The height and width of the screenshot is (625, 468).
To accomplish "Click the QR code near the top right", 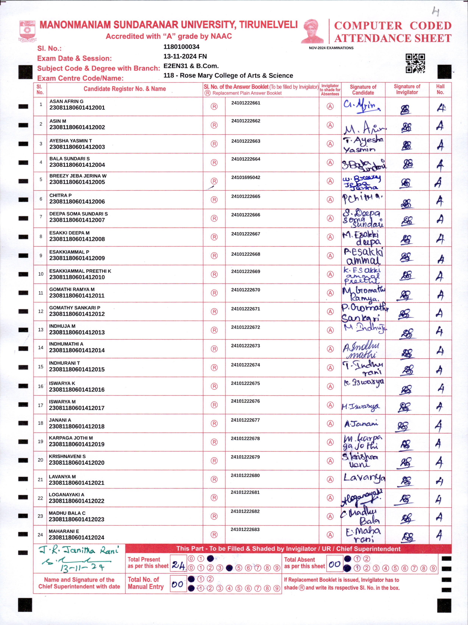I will (x=415, y=63).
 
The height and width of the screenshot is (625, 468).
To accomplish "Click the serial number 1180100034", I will (x=181, y=47).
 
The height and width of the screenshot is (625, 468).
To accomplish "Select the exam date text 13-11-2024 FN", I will (x=185, y=57).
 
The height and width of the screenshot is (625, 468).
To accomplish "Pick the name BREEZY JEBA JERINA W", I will (x=78, y=176).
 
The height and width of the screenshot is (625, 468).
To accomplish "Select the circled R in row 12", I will (x=214, y=311).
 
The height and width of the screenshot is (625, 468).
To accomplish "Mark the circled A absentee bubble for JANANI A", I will (x=330, y=424).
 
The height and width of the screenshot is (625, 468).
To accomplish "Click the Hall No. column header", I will (x=440, y=89).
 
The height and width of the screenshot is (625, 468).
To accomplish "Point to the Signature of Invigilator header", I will (x=407, y=89).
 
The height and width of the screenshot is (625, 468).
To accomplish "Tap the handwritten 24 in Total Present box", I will (x=179, y=565).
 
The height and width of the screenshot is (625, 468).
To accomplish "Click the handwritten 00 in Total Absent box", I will (x=335, y=565).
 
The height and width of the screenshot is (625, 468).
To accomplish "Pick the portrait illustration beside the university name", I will (x=312, y=31).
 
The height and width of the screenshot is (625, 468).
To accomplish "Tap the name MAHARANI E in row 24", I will (x=64, y=531).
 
